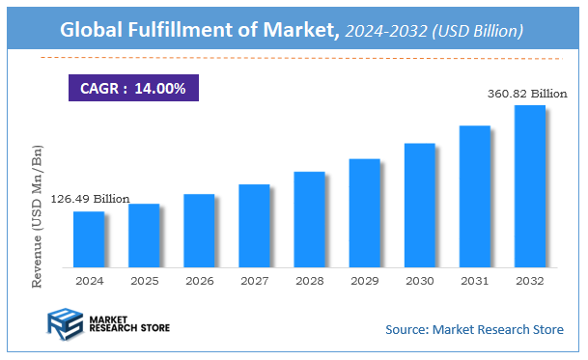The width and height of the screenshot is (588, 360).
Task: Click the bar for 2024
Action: coord(89,239)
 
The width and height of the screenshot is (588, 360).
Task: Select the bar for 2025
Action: coord(144,235)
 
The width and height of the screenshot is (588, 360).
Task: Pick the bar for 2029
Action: coord(364,213)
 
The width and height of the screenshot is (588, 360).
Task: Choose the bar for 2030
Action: coord(419,206)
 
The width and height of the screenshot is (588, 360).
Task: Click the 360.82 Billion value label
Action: coord(525,94)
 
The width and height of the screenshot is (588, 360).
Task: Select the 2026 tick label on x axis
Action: coord(199,281)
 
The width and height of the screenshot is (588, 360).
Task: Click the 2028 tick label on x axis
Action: coord(309,281)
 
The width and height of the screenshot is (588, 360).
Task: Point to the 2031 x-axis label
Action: coord(474,281)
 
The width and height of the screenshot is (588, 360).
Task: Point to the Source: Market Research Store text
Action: coord(474,330)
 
